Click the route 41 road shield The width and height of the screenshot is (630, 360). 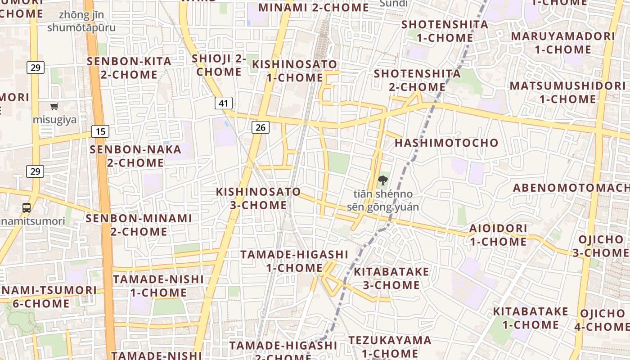pyautogui.click(x=223, y=103)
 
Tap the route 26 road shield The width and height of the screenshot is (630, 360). pyautogui.click(x=260, y=127)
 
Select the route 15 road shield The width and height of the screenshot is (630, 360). pyautogui.click(x=100, y=131)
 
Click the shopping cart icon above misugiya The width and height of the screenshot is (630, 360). pyautogui.click(x=54, y=107)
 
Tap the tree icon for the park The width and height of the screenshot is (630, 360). pyautogui.click(x=382, y=181)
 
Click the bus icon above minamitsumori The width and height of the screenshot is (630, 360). pyautogui.click(x=27, y=208)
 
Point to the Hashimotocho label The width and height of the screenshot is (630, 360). pyautogui.click(x=446, y=143)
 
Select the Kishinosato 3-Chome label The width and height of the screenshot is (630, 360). pyautogui.click(x=258, y=198)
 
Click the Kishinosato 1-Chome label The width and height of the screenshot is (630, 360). pyautogui.click(x=294, y=71)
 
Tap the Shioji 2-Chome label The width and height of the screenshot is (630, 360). pyautogui.click(x=219, y=65)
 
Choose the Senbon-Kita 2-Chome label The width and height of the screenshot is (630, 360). pyautogui.click(x=129, y=68)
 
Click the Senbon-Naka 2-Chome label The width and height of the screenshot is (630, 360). pyautogui.click(x=135, y=156)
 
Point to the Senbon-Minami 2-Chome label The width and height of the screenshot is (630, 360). pyautogui.click(x=139, y=225)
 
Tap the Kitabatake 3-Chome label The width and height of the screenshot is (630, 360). pyautogui.click(x=391, y=278)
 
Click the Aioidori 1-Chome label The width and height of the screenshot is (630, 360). pyautogui.click(x=498, y=235)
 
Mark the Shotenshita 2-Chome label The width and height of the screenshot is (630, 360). pyautogui.click(x=417, y=80)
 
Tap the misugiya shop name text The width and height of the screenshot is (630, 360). pyautogui.click(x=54, y=120)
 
